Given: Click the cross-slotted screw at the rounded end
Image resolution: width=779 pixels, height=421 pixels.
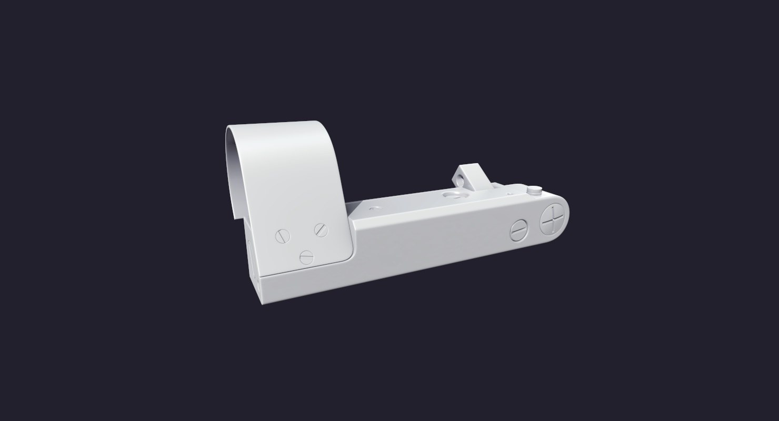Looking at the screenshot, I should (554, 220).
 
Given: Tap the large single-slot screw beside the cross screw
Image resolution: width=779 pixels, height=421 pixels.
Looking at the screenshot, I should (518, 230).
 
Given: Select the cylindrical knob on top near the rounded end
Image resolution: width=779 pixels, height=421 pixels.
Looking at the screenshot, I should (535, 189).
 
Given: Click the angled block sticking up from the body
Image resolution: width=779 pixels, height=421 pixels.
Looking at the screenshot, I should (470, 176).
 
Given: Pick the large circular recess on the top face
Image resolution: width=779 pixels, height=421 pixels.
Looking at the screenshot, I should (452, 195).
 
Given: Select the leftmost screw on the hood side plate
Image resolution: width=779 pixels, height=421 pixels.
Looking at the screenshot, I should (283, 236).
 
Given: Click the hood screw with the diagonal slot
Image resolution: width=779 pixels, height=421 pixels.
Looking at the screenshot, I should (321, 229).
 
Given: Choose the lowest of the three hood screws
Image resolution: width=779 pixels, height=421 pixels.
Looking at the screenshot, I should (306, 257).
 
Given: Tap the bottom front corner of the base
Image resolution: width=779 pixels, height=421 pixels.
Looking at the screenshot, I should (262, 302).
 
